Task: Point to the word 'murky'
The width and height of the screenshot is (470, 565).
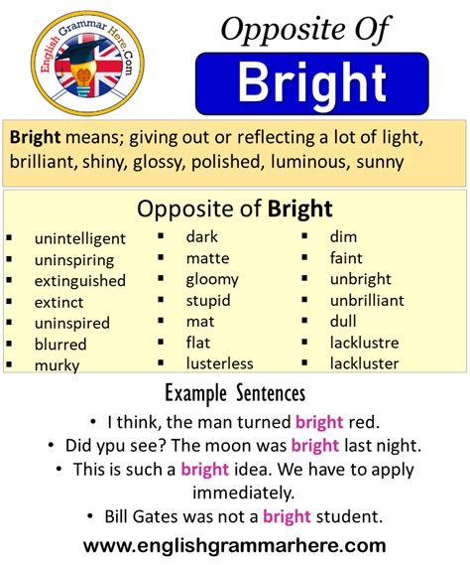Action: pyautogui.click(x=57, y=365)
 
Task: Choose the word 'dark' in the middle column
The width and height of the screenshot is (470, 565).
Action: pyautogui.click(x=201, y=236)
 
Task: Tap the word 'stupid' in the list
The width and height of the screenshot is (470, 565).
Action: pyautogui.click(x=208, y=301)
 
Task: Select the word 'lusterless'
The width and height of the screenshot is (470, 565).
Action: pyautogui.click(x=219, y=363)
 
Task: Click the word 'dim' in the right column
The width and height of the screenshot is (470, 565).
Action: pyautogui.click(x=343, y=236)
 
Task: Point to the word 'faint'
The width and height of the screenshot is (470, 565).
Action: pyautogui.click(x=346, y=258)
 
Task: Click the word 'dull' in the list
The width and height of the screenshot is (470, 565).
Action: pyautogui.click(x=344, y=322)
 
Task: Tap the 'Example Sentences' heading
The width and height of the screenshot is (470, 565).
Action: pyautogui.click(x=234, y=393)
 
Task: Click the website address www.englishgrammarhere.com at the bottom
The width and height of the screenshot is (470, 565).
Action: pyautogui.click(x=234, y=544)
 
